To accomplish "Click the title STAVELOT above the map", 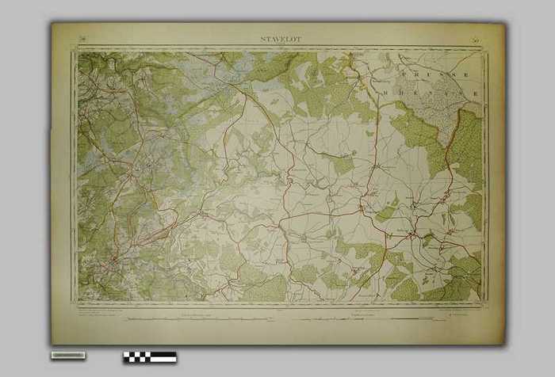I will point(280,38).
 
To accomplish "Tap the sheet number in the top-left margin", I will point(82,38).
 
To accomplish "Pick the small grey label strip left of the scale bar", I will point(68,355).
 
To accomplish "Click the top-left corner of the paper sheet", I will point(52,23).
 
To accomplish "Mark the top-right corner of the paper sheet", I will point(504,23).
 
